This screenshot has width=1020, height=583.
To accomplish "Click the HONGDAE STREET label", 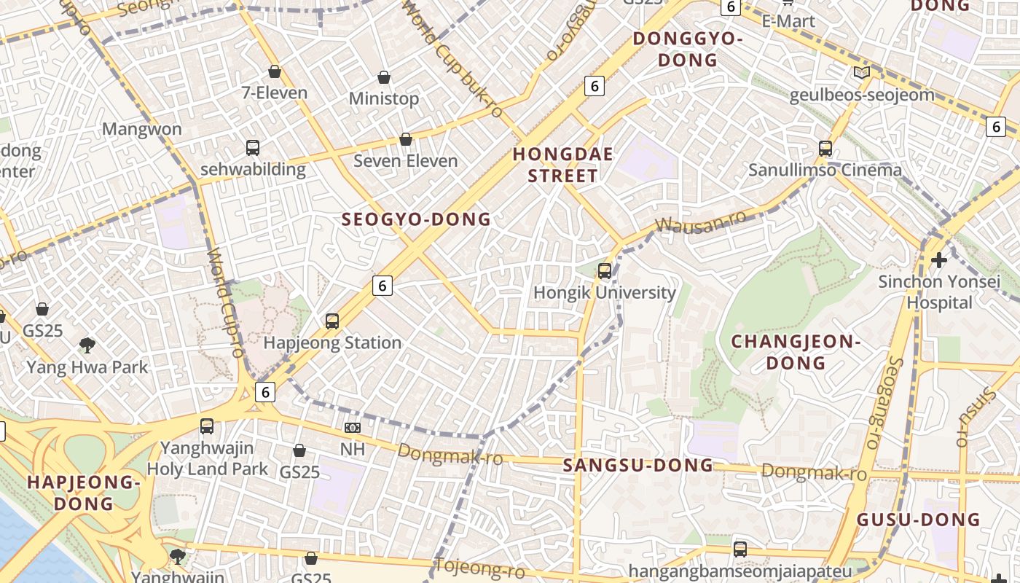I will (562, 165).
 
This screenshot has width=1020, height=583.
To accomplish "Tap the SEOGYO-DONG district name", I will (416, 219).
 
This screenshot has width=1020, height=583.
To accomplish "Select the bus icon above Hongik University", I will (605, 271).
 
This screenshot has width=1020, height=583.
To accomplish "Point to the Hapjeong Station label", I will (332, 343).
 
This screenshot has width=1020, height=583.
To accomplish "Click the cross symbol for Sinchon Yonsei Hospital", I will (939, 259).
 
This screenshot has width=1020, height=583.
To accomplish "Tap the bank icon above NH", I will (353, 428).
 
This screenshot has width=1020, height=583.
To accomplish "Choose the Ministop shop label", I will (384, 98).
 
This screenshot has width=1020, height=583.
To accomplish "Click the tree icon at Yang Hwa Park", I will (87, 345).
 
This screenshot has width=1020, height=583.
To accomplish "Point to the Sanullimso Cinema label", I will (825, 170).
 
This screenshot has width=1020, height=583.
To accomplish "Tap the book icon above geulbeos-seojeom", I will (862, 72).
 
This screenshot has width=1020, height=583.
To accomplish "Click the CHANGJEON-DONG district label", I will (796, 352).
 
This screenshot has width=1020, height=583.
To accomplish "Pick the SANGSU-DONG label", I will (638, 465).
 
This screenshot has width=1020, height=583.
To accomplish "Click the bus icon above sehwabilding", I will (253, 148).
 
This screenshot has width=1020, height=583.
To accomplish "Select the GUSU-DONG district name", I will (918, 520).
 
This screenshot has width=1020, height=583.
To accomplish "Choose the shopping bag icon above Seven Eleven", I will (406, 139).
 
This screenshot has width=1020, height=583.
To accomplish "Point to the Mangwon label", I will (141, 129).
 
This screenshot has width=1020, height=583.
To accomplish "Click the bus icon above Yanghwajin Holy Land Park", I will (207, 426).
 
